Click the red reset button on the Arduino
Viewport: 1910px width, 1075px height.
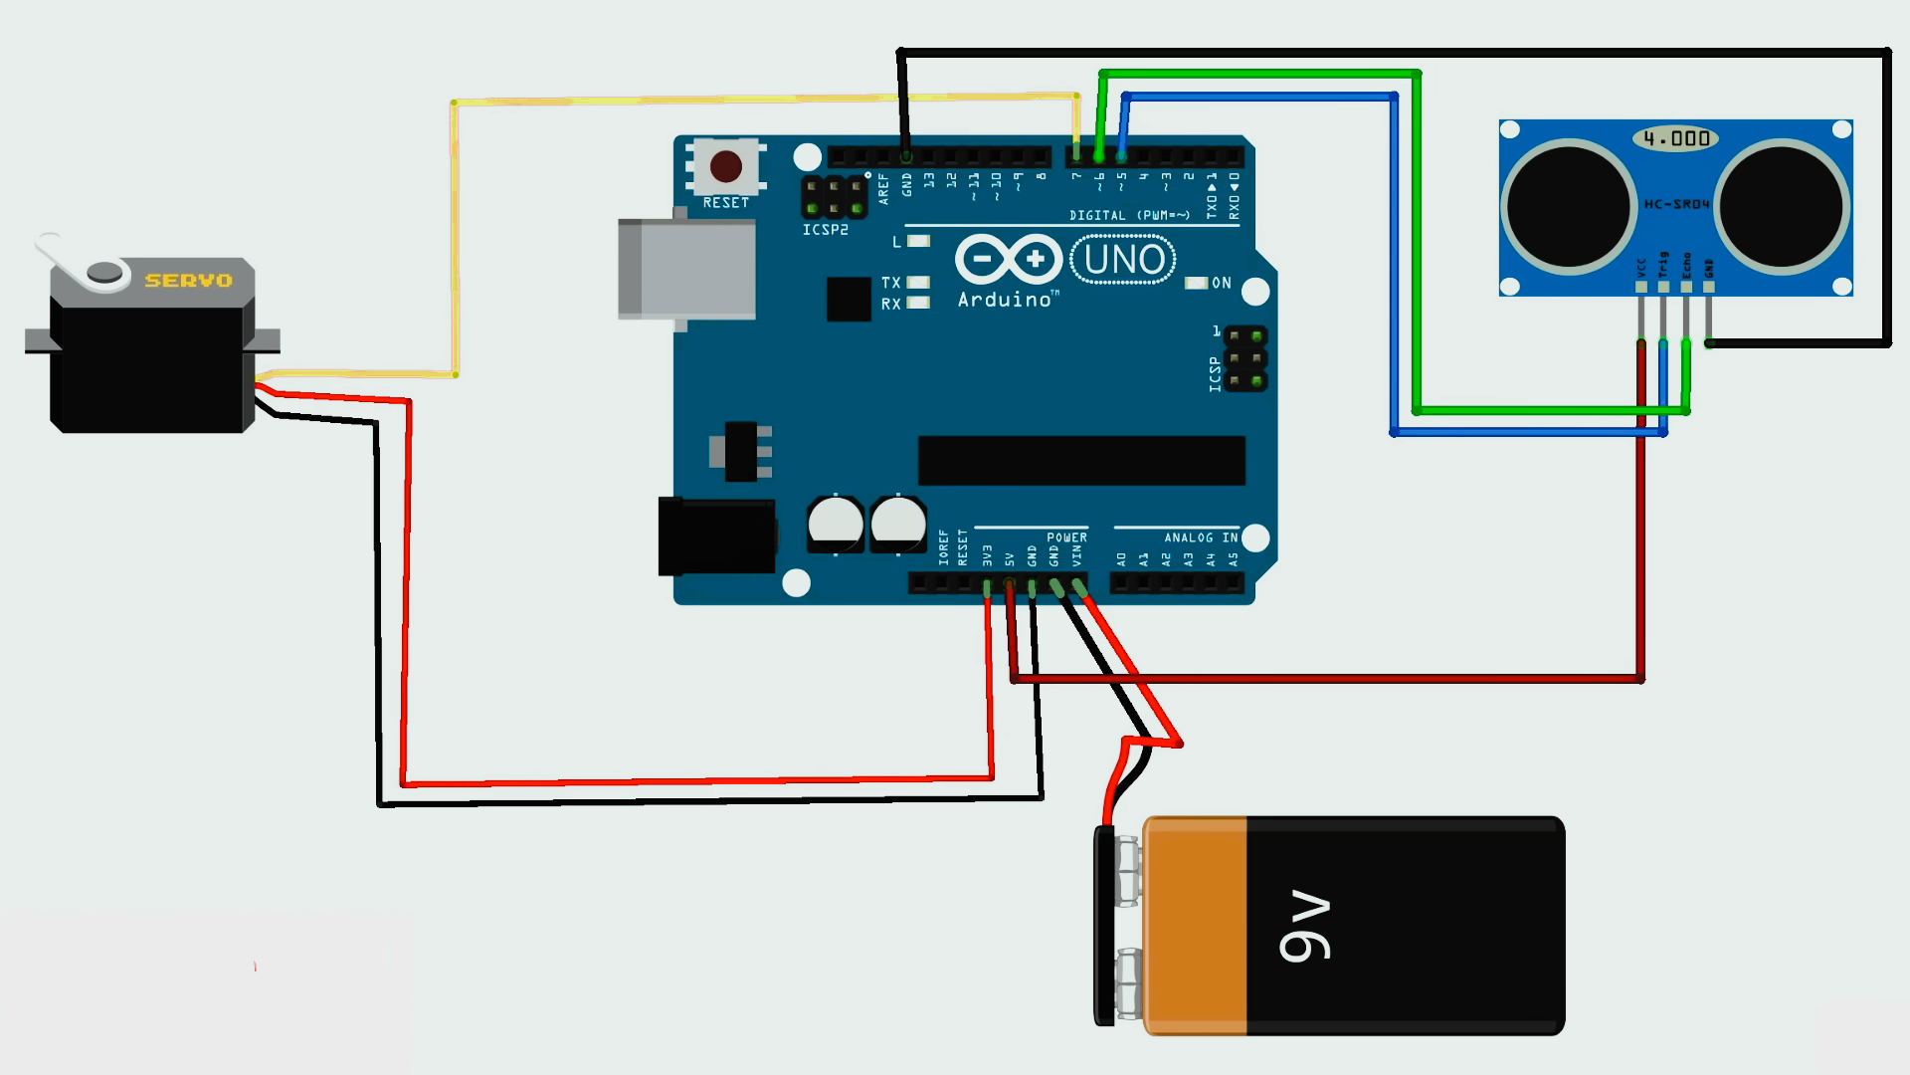726,166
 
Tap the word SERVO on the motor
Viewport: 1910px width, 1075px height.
188,281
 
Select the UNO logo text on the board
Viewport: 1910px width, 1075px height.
1123,260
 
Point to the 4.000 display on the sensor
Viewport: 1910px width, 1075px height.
1676,138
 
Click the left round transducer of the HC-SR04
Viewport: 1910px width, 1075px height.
1568,207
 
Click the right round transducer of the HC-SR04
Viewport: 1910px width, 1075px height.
1781,207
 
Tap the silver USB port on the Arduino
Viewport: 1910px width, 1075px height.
686,269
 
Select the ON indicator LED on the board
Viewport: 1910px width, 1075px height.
1196,284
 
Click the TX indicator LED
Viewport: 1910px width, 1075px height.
918,283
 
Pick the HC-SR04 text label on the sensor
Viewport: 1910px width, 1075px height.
1676,204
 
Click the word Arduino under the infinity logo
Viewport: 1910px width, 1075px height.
1005,300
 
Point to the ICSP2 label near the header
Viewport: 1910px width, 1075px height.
825,230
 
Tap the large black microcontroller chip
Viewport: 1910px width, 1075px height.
1081,460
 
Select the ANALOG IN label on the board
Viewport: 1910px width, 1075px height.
1201,537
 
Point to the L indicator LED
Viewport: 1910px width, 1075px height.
919,241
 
